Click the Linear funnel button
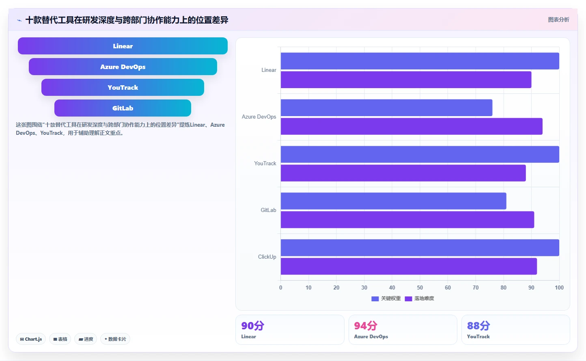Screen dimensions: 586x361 tap(123, 46)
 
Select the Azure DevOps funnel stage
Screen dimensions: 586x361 tap(123, 67)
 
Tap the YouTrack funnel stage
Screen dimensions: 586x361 tap(123, 87)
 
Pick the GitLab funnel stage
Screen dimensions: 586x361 tap(123, 108)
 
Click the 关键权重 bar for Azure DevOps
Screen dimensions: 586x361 tap(386, 108)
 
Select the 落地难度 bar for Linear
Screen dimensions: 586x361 tap(406, 80)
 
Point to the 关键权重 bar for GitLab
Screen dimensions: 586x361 tap(394, 201)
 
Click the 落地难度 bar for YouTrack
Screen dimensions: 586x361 tap(403, 173)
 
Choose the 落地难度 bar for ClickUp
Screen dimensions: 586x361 tap(409, 266)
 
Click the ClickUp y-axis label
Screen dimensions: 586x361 tap(267, 257)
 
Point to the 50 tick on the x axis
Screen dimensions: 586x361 tap(420, 288)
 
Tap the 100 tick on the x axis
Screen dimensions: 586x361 tap(559, 288)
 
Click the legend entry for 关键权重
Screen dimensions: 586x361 tap(386, 298)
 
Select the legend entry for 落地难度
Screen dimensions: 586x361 tap(419, 298)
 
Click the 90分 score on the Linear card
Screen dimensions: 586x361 tap(253, 326)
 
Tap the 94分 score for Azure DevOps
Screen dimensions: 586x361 tap(366, 326)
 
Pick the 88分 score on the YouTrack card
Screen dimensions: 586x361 tap(478, 326)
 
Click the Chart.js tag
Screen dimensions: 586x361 tap(31, 339)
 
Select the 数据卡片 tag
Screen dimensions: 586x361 tap(115, 339)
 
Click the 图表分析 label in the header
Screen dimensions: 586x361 tap(558, 19)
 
